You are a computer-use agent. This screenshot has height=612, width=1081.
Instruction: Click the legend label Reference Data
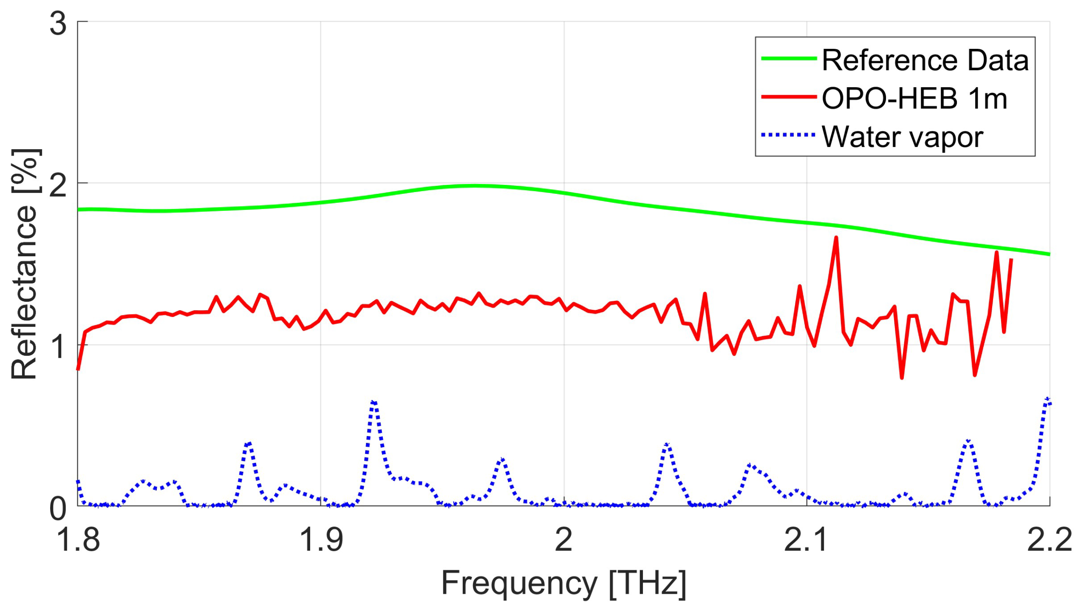point(925,60)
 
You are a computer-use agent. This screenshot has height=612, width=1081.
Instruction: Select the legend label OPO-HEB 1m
point(914,99)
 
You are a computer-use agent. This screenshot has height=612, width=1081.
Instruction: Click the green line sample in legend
point(789,59)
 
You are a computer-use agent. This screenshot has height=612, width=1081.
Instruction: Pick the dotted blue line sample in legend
point(789,135)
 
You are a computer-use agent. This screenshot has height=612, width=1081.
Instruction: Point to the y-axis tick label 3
point(58,23)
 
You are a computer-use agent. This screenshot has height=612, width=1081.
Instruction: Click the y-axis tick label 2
point(58,185)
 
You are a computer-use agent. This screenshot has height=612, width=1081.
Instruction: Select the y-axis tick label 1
point(58,346)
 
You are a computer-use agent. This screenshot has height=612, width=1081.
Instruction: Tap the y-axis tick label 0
point(58,508)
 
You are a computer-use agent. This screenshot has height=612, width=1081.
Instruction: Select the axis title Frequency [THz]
point(563,583)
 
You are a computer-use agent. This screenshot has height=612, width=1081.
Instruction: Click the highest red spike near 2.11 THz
point(836,238)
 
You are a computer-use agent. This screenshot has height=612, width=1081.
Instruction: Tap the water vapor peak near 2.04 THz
point(667,445)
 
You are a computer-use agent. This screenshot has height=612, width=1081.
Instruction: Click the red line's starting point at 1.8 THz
point(78,369)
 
